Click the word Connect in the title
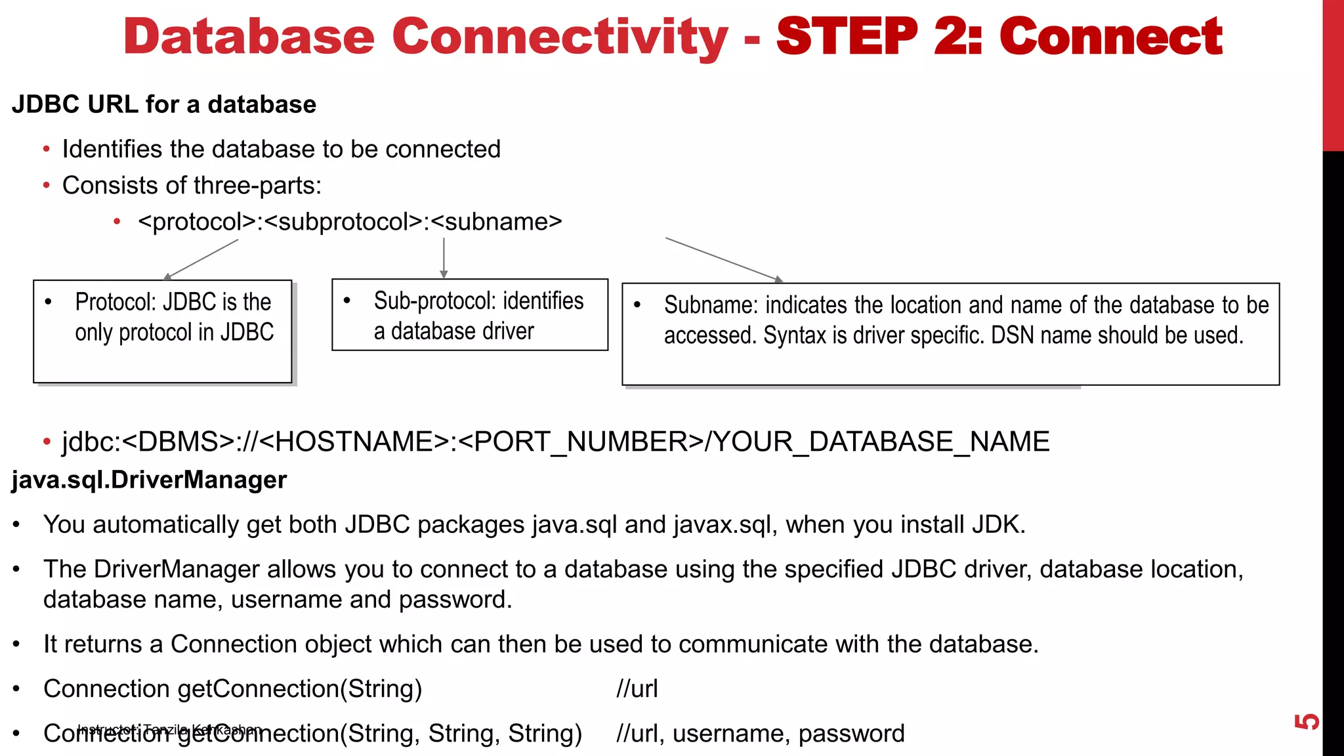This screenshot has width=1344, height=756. (1110, 37)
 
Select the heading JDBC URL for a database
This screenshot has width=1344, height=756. (164, 104)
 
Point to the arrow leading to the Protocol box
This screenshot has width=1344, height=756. (201, 259)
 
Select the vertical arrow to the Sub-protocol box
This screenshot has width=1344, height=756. (444, 258)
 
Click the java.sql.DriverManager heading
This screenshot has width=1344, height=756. (149, 480)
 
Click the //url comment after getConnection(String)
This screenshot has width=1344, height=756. (637, 688)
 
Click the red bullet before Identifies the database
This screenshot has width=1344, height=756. (46, 150)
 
